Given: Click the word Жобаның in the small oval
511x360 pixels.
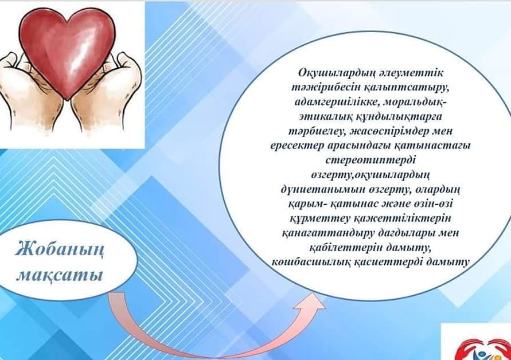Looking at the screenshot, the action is tap(60, 250).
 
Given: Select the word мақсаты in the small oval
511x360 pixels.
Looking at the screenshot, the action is tap(60, 275).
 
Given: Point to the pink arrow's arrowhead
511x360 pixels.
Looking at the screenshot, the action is tap(311, 302).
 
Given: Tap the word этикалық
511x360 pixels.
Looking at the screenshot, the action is tap(326, 116).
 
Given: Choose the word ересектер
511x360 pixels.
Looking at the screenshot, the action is tap(297, 146).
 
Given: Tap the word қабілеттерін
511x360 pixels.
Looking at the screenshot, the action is tap(345, 248).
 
